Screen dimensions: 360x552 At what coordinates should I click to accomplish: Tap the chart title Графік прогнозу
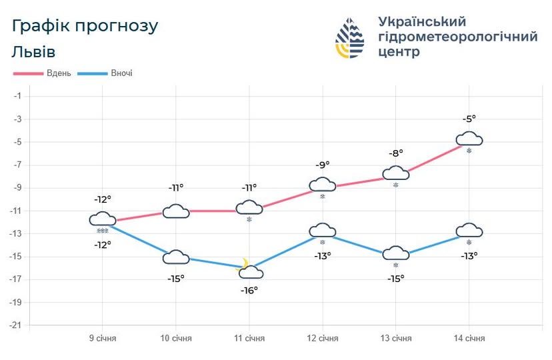pos(85,26)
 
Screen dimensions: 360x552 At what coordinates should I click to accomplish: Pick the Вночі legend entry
pos(121,73)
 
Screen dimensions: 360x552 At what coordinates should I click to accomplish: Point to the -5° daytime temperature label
pos(469,119)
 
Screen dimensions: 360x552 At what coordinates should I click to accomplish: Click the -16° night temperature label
pos(249,290)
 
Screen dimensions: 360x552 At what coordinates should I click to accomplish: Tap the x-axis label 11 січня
pos(249,338)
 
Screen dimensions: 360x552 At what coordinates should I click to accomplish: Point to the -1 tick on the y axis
pos(18,96)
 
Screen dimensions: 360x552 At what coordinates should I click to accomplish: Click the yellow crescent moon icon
pos(245,263)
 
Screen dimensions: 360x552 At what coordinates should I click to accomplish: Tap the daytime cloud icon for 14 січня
pos(469,139)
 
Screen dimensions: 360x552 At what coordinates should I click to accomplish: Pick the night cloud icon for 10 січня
pos(176,257)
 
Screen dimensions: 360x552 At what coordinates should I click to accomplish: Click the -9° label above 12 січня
pos(323,165)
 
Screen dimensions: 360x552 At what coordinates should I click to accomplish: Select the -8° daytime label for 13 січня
pos(396,153)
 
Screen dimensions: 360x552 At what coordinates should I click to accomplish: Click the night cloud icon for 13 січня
pos(395,253)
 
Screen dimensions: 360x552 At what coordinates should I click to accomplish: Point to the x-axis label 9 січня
pos(103,338)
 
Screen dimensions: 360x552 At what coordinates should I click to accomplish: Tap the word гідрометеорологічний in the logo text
pos(457,37)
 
